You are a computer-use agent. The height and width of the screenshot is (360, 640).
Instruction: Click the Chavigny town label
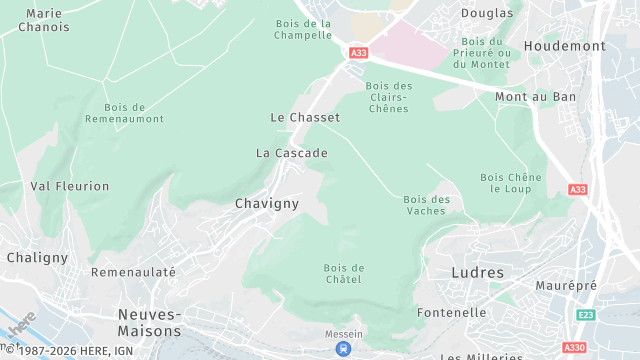click(266, 203)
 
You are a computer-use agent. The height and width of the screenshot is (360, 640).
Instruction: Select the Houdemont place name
click(565, 46)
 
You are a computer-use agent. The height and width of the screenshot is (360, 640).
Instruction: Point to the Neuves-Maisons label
click(150, 322)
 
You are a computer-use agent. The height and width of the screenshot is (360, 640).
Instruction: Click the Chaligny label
click(37, 257)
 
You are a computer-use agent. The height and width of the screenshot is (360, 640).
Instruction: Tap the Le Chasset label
click(305, 117)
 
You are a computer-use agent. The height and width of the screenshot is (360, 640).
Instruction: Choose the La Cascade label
click(291, 153)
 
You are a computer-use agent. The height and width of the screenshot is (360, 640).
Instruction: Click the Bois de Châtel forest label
click(344, 274)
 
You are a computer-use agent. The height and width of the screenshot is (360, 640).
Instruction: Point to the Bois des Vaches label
click(427, 205)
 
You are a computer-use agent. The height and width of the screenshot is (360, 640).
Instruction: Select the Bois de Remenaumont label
click(139, 113)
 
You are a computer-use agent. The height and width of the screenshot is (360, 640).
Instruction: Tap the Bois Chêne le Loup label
click(511, 183)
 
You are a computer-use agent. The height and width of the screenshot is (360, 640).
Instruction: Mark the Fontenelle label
click(453, 312)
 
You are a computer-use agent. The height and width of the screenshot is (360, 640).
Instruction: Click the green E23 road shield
click(585, 315)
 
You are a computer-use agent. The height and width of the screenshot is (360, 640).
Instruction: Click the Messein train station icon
click(343, 349)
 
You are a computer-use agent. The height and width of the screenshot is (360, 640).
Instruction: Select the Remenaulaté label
click(133, 272)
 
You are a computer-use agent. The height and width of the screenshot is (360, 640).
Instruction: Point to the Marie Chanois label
click(34, 20)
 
